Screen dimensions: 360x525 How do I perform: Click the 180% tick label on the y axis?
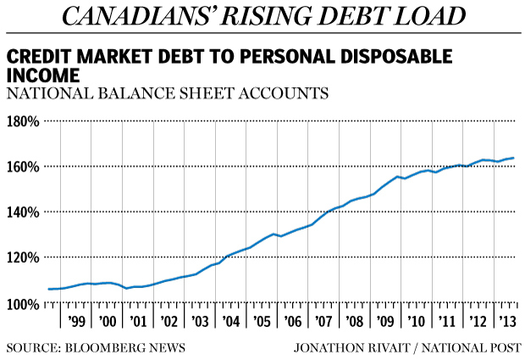click(x=24, y=121)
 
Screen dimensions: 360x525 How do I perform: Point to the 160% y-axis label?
click(x=24, y=166)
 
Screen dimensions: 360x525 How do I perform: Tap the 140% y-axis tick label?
click(x=24, y=212)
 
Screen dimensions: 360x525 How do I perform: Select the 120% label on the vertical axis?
click(x=24, y=258)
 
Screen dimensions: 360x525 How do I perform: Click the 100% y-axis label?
click(x=24, y=303)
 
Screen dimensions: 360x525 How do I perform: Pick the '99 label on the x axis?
click(x=78, y=321)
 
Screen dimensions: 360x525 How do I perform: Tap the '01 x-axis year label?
click(x=139, y=321)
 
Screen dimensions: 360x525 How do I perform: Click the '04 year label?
click(x=231, y=321)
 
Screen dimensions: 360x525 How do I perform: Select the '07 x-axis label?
click(x=323, y=321)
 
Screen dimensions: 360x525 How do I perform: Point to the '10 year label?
click(x=416, y=321)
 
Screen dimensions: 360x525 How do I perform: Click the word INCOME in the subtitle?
click(x=40, y=75)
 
